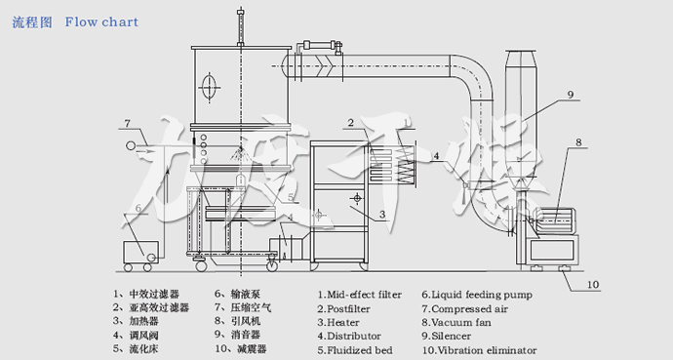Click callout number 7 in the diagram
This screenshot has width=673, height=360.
[x=127, y=123]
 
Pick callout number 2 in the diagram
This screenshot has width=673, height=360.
[x=348, y=123]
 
